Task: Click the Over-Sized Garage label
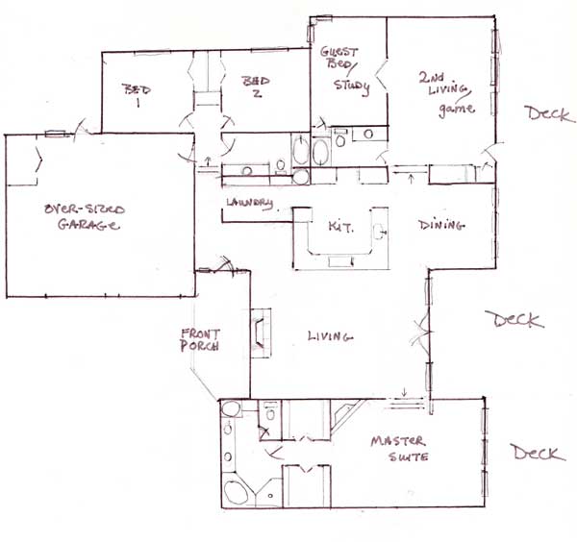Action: tap(85, 217)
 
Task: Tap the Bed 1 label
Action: tap(137, 95)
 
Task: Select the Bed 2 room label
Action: tap(256, 86)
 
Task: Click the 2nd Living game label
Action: tap(446, 95)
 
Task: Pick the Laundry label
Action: tap(250, 204)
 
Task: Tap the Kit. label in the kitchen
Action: tap(341, 227)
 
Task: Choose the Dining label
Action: tap(441, 225)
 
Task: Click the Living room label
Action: tap(330, 336)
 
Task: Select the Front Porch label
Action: tap(200, 340)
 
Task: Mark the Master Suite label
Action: tap(399, 449)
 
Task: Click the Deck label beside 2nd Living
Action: tap(549, 114)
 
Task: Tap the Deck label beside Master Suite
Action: tap(539, 453)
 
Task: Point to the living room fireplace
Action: tap(261, 333)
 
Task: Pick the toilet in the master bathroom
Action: tap(270, 412)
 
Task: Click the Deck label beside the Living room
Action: tap(514, 319)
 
